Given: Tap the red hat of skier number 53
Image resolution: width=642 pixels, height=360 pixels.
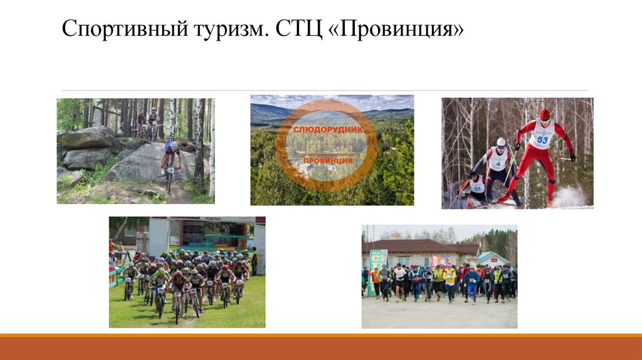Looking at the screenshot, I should [544, 115].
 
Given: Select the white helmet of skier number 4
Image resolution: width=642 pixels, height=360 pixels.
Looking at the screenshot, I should [500, 142].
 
